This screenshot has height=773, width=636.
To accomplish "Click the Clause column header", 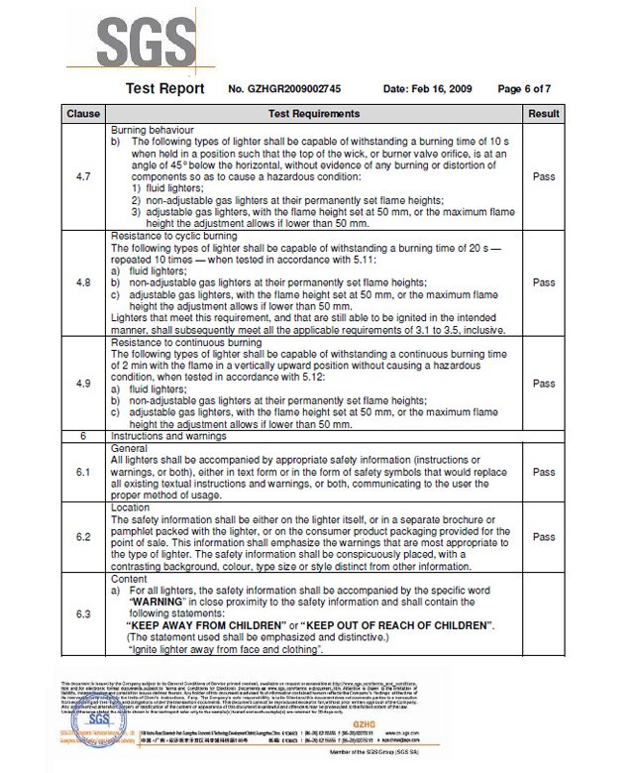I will tap(83, 114).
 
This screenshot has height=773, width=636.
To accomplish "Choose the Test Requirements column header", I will tap(314, 114).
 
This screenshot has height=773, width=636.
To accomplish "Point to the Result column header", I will tap(544, 114).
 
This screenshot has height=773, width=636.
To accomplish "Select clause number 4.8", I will tap(83, 282).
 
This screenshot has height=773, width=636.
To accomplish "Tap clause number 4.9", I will tap(83, 384).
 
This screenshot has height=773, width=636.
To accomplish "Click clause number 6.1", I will tap(83, 472).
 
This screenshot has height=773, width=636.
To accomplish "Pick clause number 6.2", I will tap(83, 536).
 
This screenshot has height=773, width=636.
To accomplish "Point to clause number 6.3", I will tap(83, 614).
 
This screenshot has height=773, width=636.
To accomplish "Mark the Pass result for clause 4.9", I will tap(544, 384).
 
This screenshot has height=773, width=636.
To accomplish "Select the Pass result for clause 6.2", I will tap(544, 536).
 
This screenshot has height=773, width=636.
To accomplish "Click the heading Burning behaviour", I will tap(153, 130).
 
